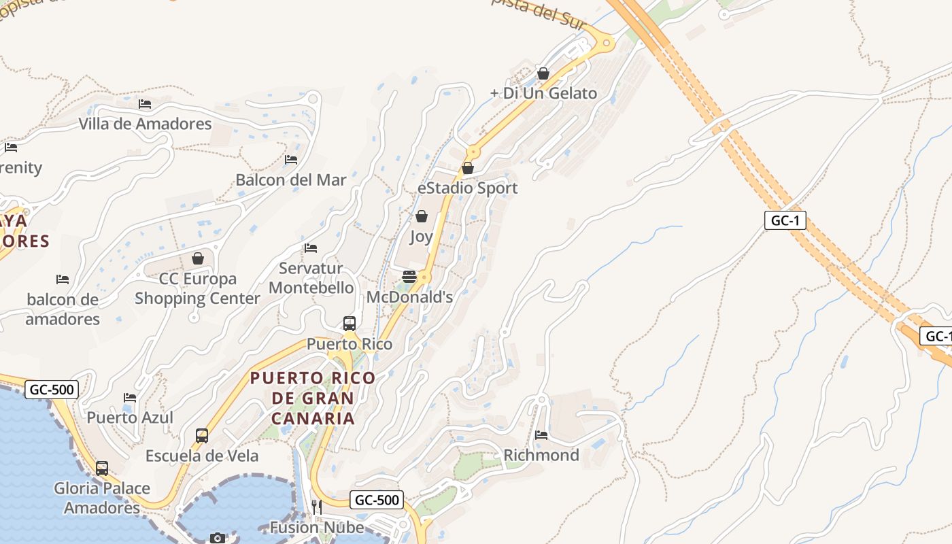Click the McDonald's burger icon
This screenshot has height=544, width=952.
pyautogui.click(x=409, y=277)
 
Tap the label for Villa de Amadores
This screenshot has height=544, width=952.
pyautogui.click(x=145, y=124)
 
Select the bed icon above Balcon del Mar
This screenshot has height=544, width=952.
pyautogui.click(x=291, y=160)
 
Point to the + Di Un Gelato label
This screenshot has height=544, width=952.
pyautogui.click(x=543, y=93)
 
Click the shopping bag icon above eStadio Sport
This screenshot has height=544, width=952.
pyautogui.click(x=468, y=168)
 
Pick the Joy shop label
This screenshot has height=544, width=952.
pyautogui.click(x=421, y=237)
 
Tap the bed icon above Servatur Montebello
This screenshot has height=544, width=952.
pyautogui.click(x=311, y=248)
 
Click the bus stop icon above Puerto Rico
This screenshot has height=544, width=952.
pyautogui.click(x=350, y=324)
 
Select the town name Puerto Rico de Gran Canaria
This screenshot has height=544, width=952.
pyautogui.click(x=312, y=398)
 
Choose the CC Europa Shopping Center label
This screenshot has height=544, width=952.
pyautogui.click(x=197, y=288)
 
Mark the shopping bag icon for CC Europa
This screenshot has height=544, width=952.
pyautogui.click(x=198, y=258)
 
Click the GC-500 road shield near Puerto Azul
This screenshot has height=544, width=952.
pyautogui.click(x=52, y=390)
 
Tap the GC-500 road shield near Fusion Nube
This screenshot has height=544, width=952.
pyautogui.click(x=377, y=500)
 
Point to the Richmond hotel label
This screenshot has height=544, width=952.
pyautogui.click(x=541, y=455)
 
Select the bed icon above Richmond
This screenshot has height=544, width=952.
pyautogui.click(x=541, y=435)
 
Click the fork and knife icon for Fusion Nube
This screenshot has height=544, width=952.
pyautogui.click(x=316, y=507)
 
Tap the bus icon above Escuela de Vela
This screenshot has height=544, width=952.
pyautogui.click(x=202, y=436)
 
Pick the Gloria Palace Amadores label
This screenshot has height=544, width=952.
pyautogui.click(x=102, y=498)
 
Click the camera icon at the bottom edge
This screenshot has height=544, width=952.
pyautogui.click(x=218, y=539)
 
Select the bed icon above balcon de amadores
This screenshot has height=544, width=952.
pyautogui.click(x=63, y=279)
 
